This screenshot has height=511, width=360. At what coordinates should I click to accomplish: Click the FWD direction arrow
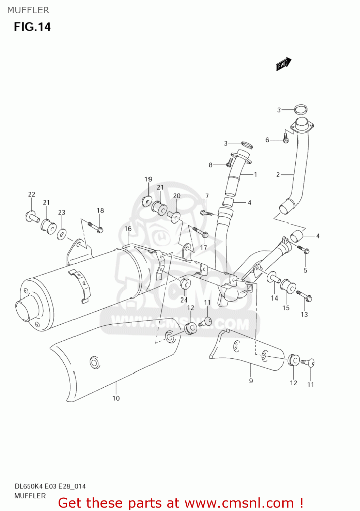pos(283,64)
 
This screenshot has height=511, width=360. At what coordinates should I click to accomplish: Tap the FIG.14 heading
pos(32,27)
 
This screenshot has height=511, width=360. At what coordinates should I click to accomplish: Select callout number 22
pos(32,195)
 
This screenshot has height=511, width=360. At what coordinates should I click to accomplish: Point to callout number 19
pos(148,179)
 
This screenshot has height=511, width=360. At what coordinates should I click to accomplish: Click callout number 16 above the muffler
pos(128,229)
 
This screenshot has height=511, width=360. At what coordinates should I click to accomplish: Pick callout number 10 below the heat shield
pos(116,398)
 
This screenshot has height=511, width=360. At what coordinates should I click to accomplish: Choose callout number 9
pos(251,381)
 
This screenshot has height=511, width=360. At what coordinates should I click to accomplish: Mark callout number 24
pos(184,300)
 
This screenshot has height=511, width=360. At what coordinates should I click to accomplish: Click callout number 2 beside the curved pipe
pos(278,175)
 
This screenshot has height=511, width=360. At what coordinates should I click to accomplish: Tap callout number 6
pos(267,140)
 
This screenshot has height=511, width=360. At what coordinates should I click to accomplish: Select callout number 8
pos(210,165)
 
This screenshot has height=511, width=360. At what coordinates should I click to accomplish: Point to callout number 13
pos(304,314)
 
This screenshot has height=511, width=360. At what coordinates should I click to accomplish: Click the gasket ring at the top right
pos(300,110)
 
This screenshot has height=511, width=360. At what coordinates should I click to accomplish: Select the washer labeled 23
pos(62,234)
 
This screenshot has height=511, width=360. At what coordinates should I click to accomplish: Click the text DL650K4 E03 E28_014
pos(50,486)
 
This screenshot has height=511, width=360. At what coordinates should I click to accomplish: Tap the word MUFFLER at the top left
pos(28,10)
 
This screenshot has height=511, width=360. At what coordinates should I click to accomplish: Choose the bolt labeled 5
pos(303,250)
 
